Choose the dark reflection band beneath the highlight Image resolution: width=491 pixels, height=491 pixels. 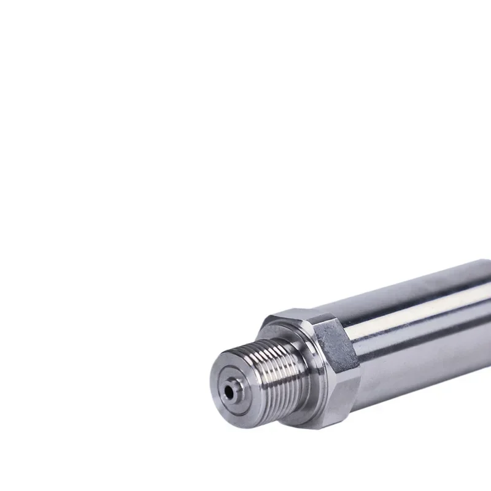pyautogui.click(x=430, y=331)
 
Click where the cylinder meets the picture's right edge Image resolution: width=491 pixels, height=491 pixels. pyautogui.click(x=489, y=319)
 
